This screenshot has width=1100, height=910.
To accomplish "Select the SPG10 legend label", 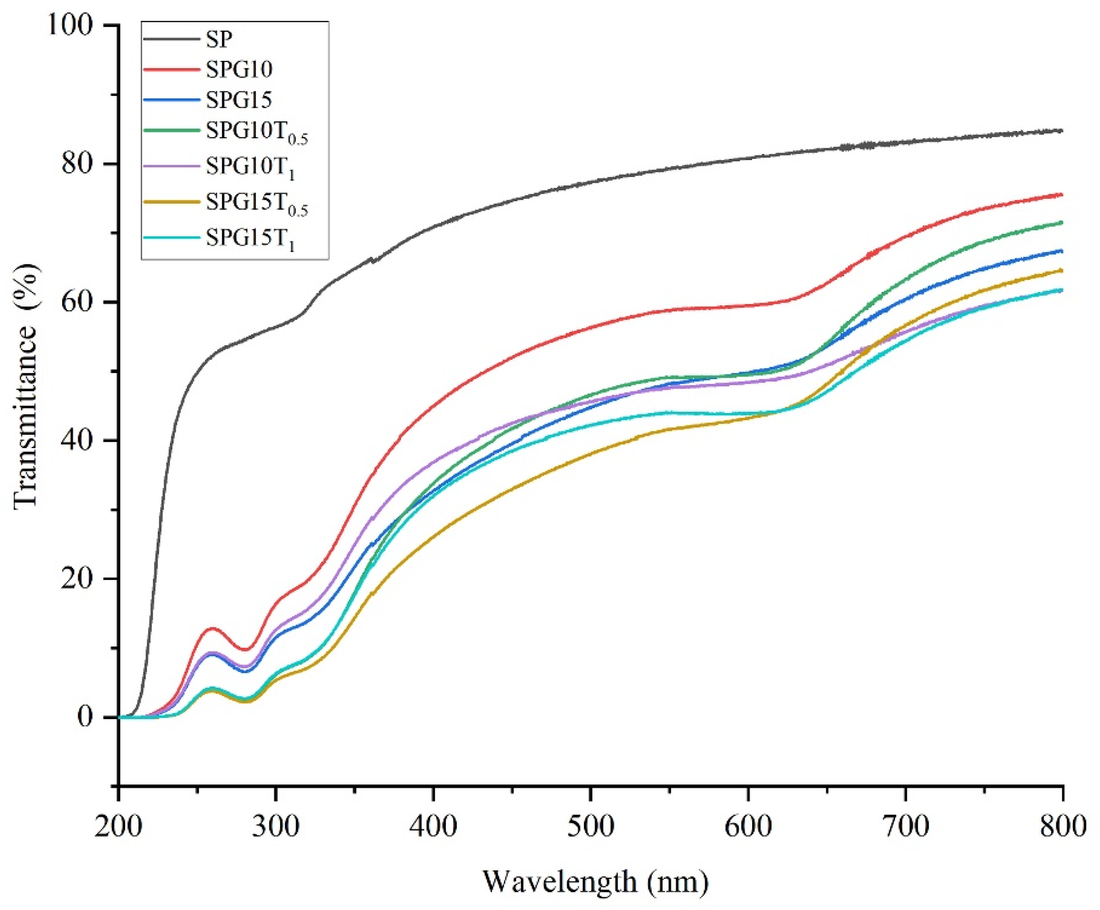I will point(239,70).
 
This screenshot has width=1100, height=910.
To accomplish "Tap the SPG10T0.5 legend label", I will point(256,133).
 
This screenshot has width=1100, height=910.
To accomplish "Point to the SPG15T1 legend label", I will point(250,238).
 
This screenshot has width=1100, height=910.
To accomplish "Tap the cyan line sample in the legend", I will point(171,237).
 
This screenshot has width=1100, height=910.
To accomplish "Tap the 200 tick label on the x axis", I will point(118,827).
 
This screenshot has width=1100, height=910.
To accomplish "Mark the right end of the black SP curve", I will point(1062,130).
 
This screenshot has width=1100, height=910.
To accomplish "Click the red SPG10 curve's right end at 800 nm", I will point(1062,194).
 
